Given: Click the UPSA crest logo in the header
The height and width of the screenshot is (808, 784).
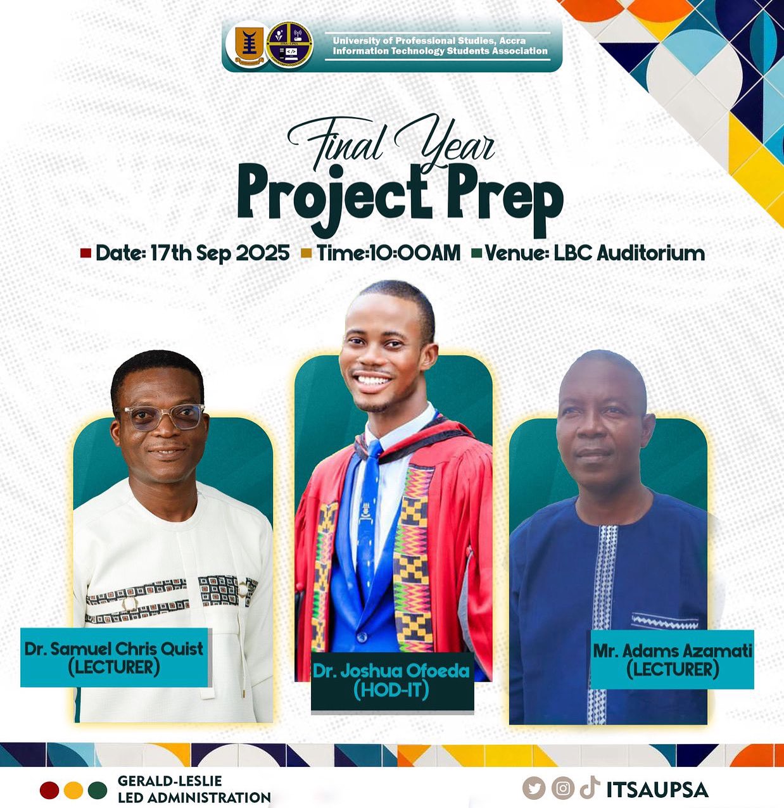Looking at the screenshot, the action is click(249, 46).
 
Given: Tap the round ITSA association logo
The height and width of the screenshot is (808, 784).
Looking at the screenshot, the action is click(289, 46).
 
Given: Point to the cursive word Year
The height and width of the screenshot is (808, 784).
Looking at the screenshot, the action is click(446, 141).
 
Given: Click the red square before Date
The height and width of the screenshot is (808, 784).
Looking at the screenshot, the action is click(85, 253).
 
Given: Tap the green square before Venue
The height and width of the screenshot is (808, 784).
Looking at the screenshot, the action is click(477, 253).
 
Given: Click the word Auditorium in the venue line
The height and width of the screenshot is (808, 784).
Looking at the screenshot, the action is click(651, 253).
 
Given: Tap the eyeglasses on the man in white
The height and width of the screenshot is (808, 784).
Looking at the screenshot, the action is click(165, 416).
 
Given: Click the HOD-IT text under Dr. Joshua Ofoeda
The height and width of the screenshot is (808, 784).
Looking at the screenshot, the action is click(391, 690).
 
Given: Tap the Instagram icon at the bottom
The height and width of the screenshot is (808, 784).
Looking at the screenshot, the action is click(563, 788).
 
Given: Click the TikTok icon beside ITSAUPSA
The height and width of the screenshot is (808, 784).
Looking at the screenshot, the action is click(590, 787).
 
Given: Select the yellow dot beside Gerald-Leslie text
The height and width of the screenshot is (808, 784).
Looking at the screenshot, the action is click(73, 790).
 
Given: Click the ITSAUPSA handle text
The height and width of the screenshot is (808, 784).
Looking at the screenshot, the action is click(657, 790).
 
